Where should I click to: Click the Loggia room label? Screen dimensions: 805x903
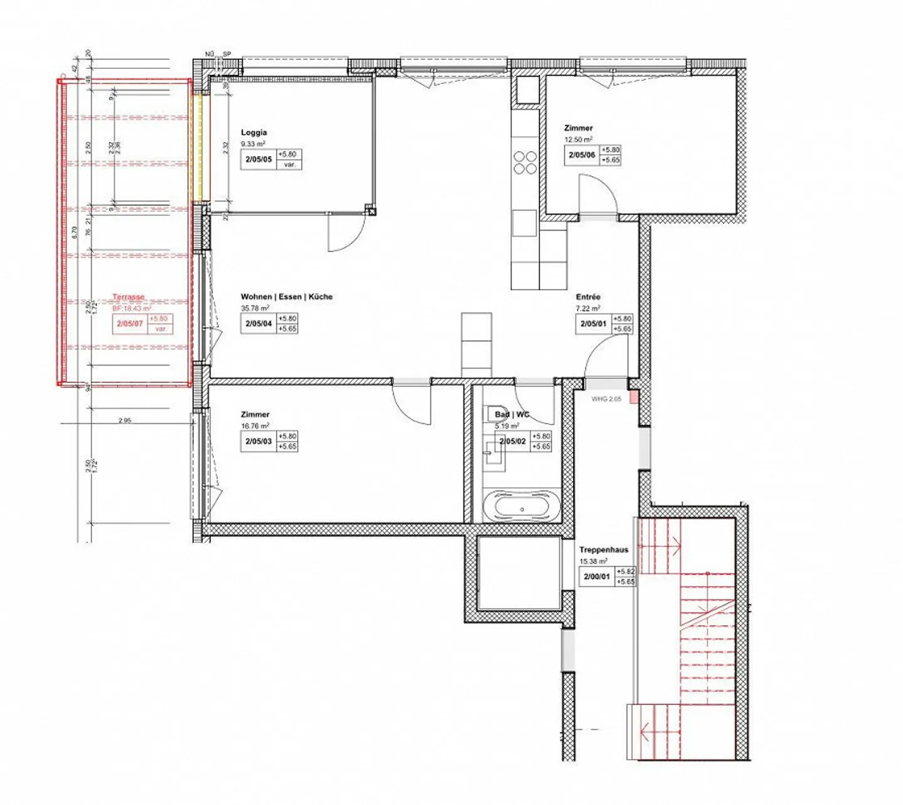pos(254,132)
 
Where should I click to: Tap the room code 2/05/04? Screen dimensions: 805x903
pos(258,324)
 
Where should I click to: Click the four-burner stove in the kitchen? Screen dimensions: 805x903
pos(525,162)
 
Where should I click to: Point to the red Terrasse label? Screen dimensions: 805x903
pos(129,297)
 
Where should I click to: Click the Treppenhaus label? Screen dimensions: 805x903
pos(603,550)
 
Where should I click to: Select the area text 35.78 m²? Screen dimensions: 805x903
pos(255,308)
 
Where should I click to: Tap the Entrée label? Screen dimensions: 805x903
pos(588,297)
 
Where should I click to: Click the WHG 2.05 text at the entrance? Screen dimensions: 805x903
pos(606,399)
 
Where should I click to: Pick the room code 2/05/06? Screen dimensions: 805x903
pos(582,155)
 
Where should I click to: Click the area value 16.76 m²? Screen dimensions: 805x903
pos(255,426)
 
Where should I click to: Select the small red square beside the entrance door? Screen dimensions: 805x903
pos(634,397)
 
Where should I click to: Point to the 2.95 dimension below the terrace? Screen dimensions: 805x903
pos(125,421)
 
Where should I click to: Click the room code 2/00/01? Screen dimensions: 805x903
pos(596,577)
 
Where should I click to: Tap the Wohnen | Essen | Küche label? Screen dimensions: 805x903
pos(287,297)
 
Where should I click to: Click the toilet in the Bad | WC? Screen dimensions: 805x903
pos(492,414)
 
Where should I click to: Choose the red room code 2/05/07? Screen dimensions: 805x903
pos(130,324)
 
